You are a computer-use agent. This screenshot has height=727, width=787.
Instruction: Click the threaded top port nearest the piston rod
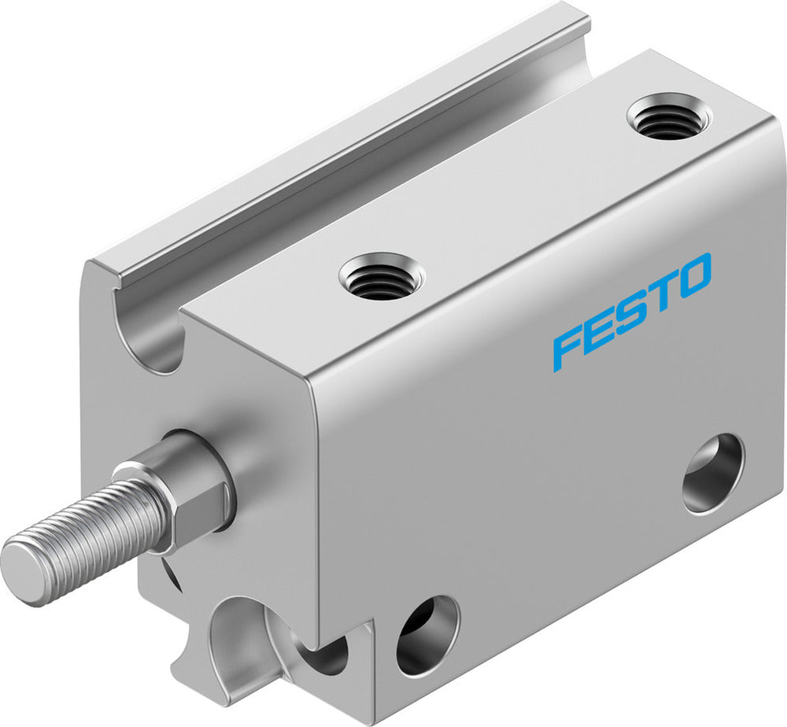pos(382,277)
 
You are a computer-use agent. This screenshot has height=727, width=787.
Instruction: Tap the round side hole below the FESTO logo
pos(712,473)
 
